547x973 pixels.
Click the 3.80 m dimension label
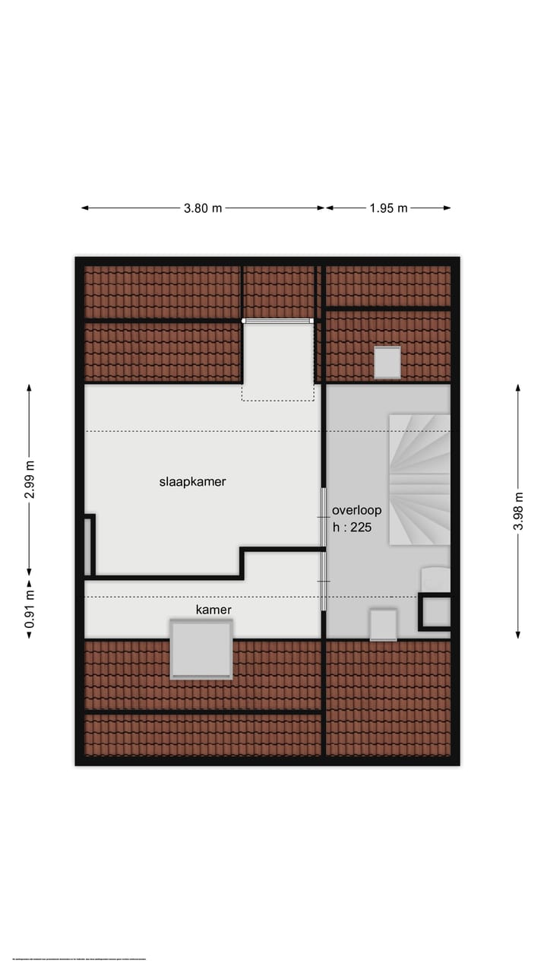[x=203, y=208]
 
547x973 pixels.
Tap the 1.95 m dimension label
[x=389, y=208]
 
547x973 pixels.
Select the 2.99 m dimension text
[x=30, y=480]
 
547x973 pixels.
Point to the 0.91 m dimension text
[x=30, y=608]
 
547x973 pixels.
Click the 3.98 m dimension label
[x=518, y=511]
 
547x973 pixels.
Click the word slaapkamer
[x=192, y=481]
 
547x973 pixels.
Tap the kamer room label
[x=213, y=610]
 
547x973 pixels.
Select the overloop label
[x=356, y=511]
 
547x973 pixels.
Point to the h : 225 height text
[x=353, y=527]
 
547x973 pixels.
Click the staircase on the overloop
[x=419, y=479]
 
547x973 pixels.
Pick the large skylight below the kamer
[x=201, y=648]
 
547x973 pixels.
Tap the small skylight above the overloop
[x=387, y=362]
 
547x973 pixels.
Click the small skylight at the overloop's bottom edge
[x=383, y=624]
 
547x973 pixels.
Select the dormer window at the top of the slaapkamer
[x=277, y=322]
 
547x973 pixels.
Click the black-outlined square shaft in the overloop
[x=435, y=612]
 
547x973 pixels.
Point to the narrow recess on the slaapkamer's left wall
[x=89, y=546]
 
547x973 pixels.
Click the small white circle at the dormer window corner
[x=244, y=321]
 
